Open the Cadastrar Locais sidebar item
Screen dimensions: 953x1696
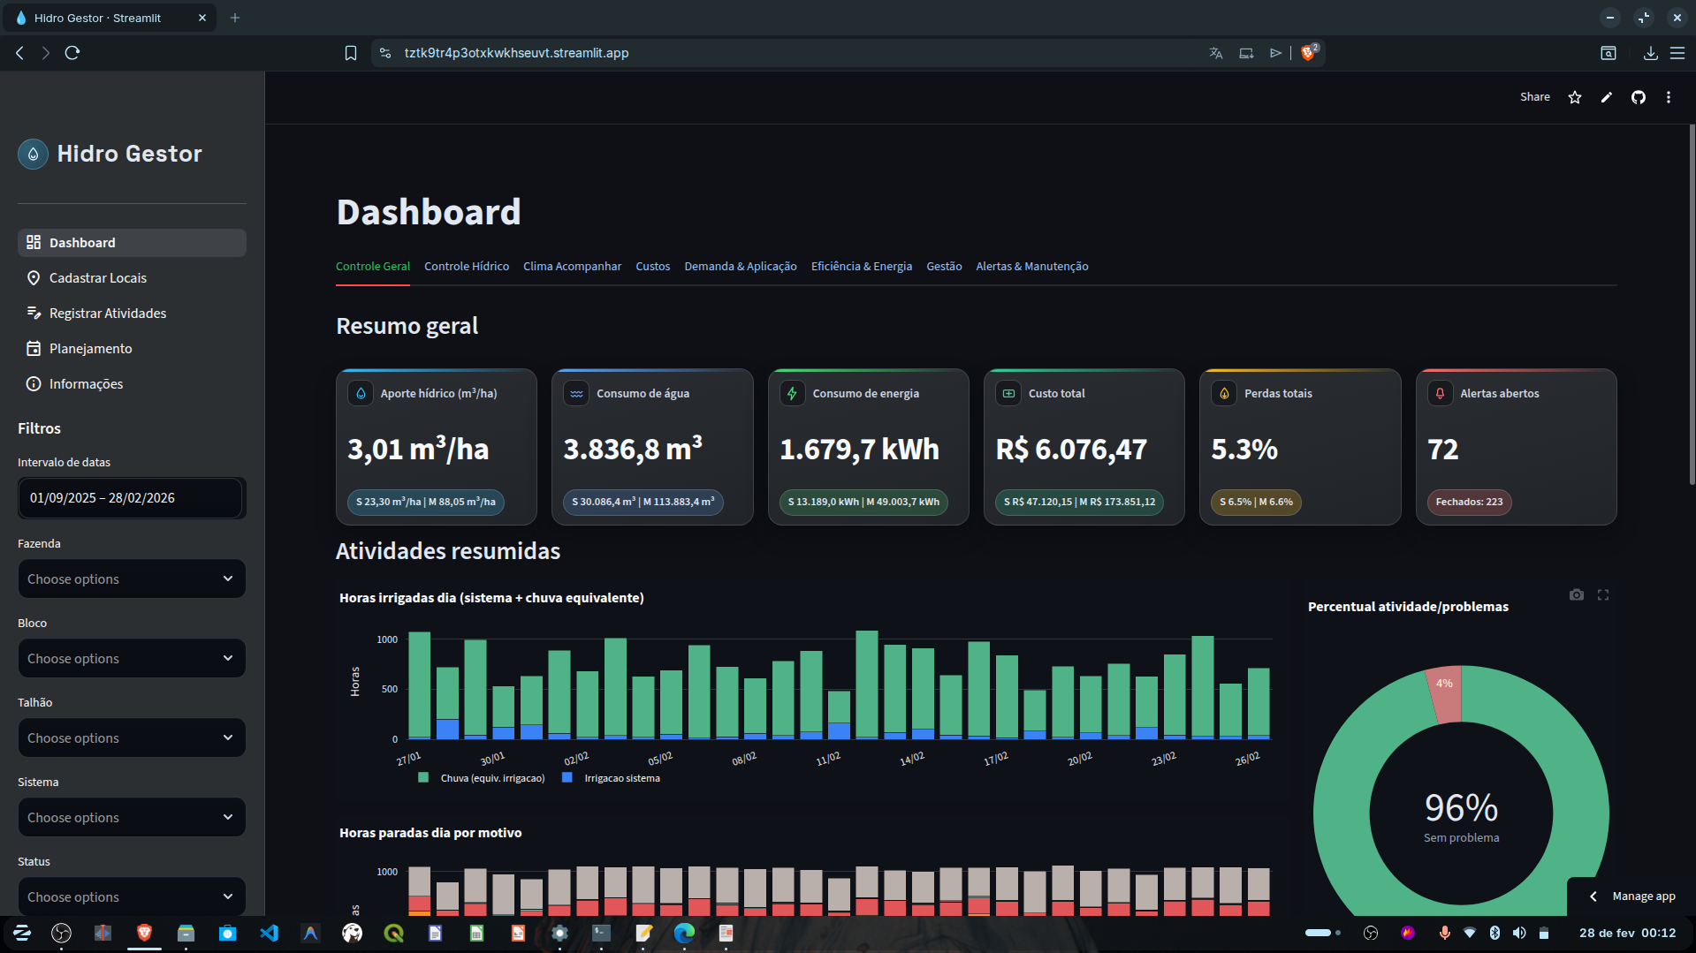[97, 278]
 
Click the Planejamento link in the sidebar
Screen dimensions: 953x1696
[90, 349]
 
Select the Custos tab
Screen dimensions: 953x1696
[652, 267]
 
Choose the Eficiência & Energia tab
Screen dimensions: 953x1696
[861, 267]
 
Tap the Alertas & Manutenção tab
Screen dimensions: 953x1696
[1031, 267]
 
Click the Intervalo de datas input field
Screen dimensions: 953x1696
[131, 498]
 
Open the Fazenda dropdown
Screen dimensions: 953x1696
[131, 579]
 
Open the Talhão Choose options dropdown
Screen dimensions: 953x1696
[131, 738]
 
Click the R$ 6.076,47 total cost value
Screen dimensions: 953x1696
[1070, 450]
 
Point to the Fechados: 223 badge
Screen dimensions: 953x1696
[1468, 503]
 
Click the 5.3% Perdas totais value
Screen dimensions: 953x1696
[1243, 450]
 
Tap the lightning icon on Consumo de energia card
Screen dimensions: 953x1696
[792, 394]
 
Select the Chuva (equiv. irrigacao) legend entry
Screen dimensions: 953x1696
[491, 779]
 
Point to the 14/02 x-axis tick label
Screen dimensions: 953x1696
[911, 759]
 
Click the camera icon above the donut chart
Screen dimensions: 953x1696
[1576, 595]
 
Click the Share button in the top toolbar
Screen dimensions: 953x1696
[1534, 97]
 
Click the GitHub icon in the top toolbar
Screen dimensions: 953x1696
[1638, 97]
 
